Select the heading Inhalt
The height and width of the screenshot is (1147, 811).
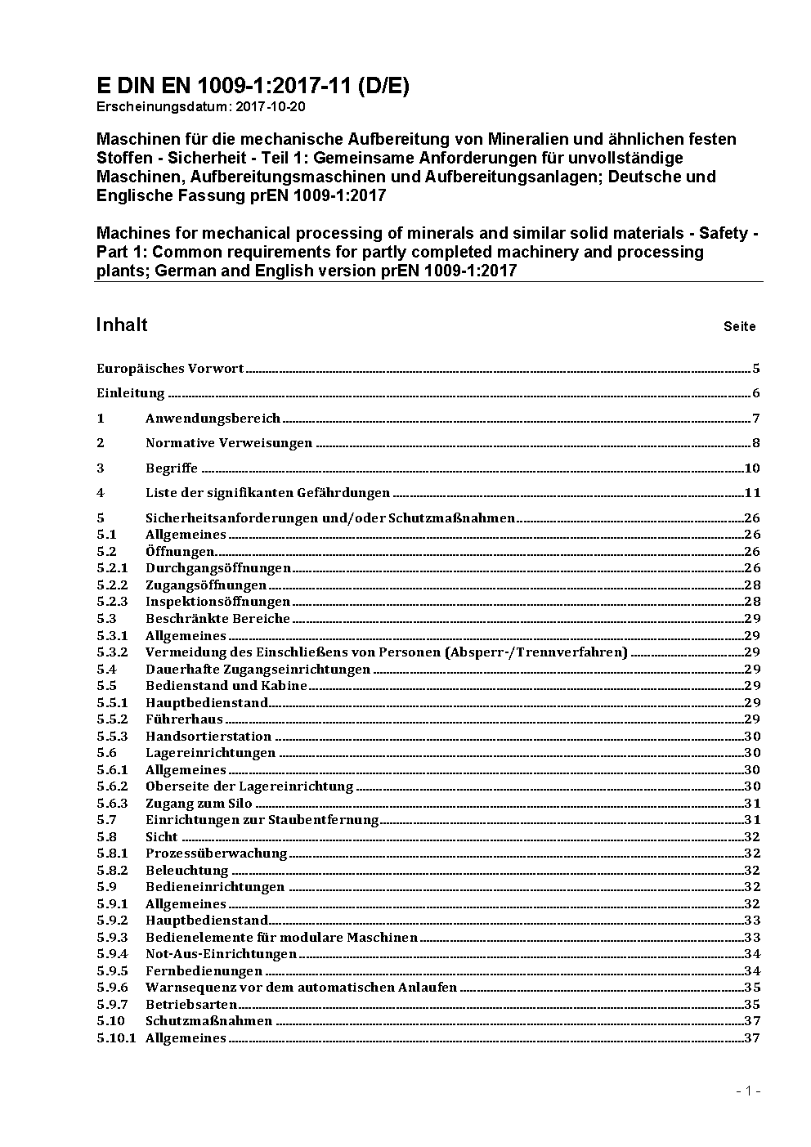tap(122, 325)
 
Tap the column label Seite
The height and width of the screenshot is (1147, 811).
tap(739, 327)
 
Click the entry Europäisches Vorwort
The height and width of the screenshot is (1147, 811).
tap(170, 369)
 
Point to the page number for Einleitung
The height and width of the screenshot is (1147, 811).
tap(756, 393)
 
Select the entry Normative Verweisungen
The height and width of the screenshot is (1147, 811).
tap(229, 443)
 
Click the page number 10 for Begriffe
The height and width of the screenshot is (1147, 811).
tap(752, 468)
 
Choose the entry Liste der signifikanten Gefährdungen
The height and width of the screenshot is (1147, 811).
tap(267, 493)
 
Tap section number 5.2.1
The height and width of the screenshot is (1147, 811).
tap(112, 568)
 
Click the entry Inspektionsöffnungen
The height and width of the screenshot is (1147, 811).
tap(217, 602)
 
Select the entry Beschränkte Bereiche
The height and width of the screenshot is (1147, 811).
tap(217, 619)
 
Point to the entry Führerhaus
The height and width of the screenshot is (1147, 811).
tap(184, 719)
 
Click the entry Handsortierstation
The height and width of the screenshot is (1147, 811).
tap(209, 737)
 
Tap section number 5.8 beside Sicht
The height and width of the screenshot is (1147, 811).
tap(106, 837)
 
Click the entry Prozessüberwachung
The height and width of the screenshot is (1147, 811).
tap(216, 854)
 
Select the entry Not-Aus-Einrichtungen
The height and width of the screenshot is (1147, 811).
tap(221, 954)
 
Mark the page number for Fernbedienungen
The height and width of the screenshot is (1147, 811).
tap(752, 971)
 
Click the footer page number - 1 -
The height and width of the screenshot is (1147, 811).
tap(748, 1091)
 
